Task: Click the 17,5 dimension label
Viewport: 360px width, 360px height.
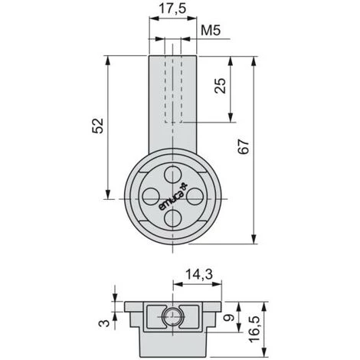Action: click(x=172, y=9)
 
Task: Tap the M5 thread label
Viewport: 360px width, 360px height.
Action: click(x=211, y=31)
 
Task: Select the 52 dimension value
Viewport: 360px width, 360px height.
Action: click(x=98, y=126)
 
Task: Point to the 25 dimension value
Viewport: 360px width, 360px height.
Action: click(x=220, y=86)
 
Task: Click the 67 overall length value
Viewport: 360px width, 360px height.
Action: click(x=244, y=146)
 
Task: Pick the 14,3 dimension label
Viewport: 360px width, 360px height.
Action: click(x=199, y=275)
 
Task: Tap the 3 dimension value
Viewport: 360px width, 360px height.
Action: click(x=104, y=323)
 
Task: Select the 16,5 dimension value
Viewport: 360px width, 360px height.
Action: click(x=254, y=329)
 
